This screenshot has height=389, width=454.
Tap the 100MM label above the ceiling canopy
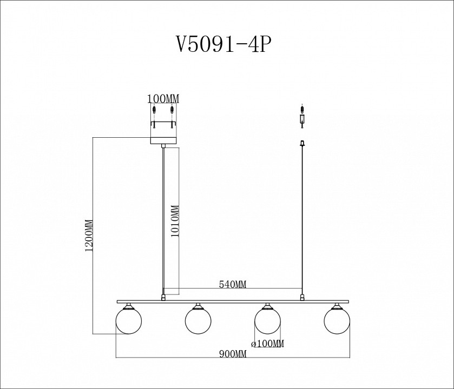pos(163,98)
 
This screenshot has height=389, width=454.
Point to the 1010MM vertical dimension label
pos(174,222)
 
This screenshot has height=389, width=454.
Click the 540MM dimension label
pos(233,284)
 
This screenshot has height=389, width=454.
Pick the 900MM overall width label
pos(233,354)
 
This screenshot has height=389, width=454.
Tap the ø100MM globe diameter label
pos(268,344)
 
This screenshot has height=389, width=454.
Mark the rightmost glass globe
pos(337,321)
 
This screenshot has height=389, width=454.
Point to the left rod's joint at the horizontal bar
pos(163,296)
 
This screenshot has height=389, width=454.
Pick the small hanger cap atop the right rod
pos(302,143)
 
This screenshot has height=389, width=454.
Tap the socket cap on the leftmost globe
pos(129,306)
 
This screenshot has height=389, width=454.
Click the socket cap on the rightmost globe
pos(337,306)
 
